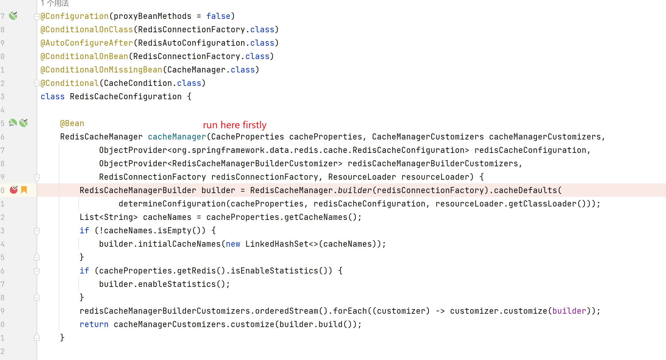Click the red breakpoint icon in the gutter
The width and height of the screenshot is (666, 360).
[14, 190]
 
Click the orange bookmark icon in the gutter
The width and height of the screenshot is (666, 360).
[24, 190]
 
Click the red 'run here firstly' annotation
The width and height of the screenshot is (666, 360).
[235, 125]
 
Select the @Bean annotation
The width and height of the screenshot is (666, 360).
[72, 123]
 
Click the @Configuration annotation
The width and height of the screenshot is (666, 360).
[74, 16]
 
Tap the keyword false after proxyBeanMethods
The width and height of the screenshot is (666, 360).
[218, 16]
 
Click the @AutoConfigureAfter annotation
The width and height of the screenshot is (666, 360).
[87, 43]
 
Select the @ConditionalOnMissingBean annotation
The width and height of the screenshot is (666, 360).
[101, 70]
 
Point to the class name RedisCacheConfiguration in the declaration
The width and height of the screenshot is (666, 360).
[126, 97]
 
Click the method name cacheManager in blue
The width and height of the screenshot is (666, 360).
[177, 137]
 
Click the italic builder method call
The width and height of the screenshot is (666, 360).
[355, 190]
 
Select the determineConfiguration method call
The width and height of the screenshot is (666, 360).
[172, 204]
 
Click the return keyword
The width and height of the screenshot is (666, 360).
[94, 324]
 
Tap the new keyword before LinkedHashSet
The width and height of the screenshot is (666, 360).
[233, 244]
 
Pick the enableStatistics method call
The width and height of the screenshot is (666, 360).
[177, 284]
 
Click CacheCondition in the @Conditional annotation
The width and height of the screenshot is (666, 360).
[138, 83]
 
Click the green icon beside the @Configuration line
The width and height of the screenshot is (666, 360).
[13, 16]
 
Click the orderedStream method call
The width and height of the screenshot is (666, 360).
[286, 311]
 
